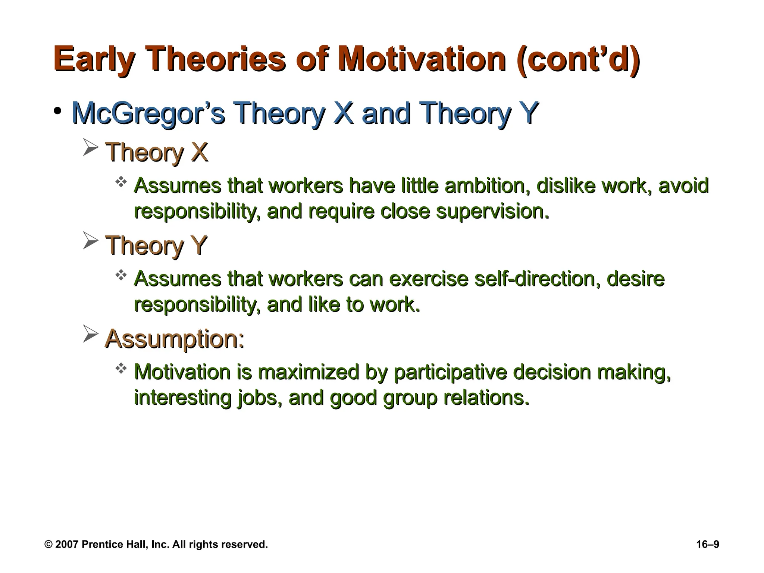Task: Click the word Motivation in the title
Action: tap(421, 60)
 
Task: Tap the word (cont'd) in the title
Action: tap(579, 60)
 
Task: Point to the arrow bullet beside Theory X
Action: tap(90, 148)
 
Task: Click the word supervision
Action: tap(492, 212)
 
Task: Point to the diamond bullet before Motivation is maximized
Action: tap(121, 369)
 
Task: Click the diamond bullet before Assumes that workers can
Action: tap(121, 276)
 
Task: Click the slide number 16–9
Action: tap(707, 544)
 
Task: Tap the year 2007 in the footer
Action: tap(67, 544)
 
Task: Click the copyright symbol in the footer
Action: tap(48, 544)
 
